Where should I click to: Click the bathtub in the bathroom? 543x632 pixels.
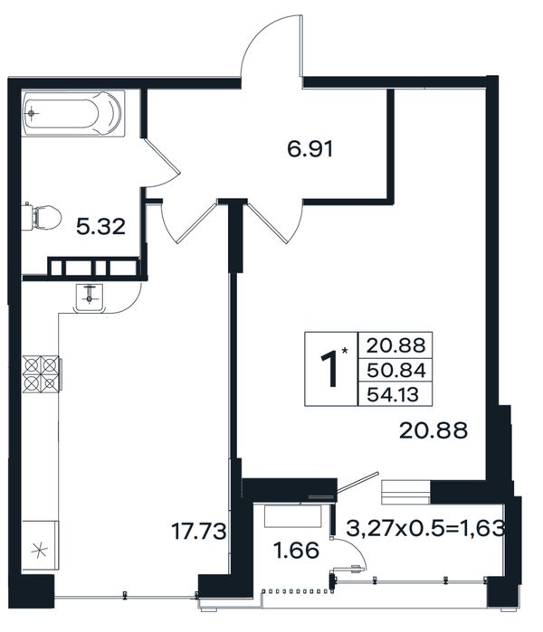click(x=73, y=113)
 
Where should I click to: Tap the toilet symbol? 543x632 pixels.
click(x=42, y=217)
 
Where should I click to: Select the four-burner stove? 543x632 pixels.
click(x=41, y=374)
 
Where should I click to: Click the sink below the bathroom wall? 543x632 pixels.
click(x=90, y=297)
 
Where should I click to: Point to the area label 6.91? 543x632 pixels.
click(x=310, y=149)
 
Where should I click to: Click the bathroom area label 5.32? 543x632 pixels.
click(x=100, y=227)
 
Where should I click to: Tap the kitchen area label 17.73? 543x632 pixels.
click(x=198, y=531)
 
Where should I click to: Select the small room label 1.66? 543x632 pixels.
click(x=296, y=551)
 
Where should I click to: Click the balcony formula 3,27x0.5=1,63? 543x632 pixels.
click(x=425, y=528)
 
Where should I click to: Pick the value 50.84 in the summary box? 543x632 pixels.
click(x=396, y=371)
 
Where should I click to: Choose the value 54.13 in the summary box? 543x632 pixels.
click(x=393, y=394)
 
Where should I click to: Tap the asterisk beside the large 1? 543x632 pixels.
click(x=345, y=351)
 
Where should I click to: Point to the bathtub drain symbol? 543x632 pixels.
click(x=32, y=113)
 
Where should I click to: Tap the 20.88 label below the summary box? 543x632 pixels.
click(x=433, y=430)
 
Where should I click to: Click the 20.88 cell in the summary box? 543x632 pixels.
click(x=396, y=345)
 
